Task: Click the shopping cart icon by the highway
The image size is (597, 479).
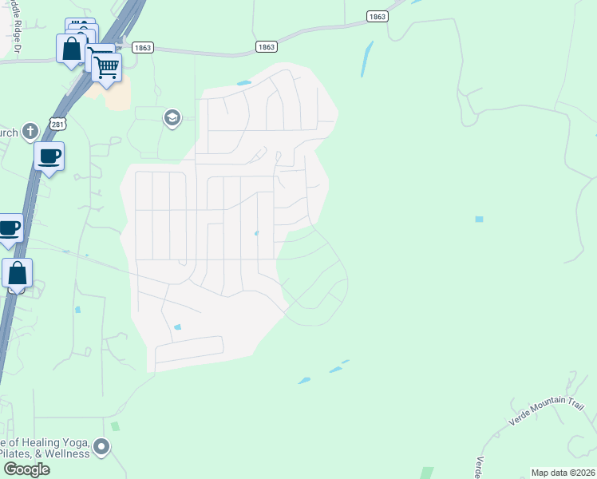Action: (x=106, y=67)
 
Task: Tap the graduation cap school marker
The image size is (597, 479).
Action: (x=172, y=119)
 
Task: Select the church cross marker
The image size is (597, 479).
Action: (x=30, y=131)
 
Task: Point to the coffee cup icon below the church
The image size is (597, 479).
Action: (x=49, y=156)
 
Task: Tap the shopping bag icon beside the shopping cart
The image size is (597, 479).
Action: (x=71, y=49)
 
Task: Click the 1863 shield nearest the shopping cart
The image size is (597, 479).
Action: (x=143, y=48)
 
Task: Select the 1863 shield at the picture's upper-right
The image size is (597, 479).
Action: (x=377, y=16)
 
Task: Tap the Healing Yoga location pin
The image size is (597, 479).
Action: (x=101, y=446)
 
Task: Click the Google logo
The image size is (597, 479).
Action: (x=26, y=469)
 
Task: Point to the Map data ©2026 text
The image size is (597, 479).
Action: (x=562, y=472)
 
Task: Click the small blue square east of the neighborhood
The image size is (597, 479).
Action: (x=479, y=219)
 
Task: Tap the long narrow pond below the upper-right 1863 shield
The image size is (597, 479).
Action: (x=366, y=58)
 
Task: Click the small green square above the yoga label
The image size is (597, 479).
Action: (x=115, y=427)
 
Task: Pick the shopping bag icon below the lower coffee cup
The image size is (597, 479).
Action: (x=18, y=273)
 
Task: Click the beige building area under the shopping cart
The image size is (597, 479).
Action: (x=115, y=97)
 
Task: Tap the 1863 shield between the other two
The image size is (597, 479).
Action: (x=267, y=47)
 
